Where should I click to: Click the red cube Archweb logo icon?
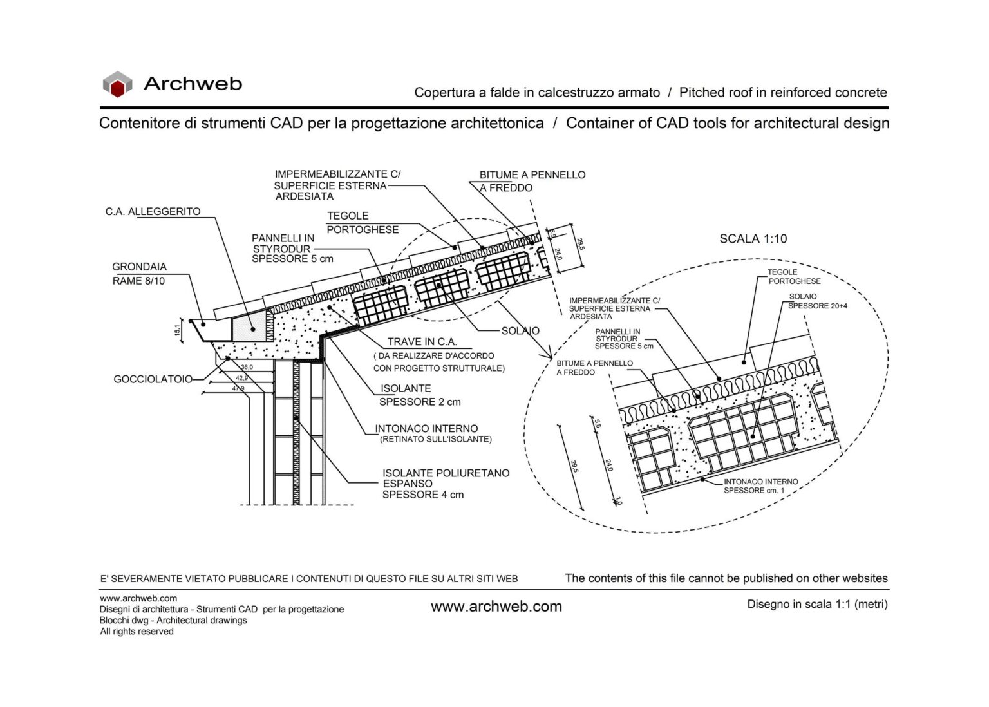[x=117, y=84]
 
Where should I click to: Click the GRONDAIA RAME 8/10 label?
[x=139, y=274]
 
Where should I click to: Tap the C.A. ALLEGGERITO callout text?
[x=153, y=212]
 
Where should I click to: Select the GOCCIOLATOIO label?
[x=153, y=379]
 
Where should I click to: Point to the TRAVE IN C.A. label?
[x=422, y=342]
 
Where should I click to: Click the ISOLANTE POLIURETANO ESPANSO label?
[x=446, y=484]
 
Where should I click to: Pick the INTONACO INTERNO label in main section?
[x=426, y=429]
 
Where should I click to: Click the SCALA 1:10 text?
[x=753, y=239]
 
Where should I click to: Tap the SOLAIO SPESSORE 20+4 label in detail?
[x=817, y=301]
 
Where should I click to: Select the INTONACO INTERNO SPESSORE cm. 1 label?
[x=760, y=486]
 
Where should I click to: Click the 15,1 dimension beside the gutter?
[x=178, y=330]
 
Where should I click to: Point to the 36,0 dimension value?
[x=247, y=367]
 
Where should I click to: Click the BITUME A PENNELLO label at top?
[x=532, y=175]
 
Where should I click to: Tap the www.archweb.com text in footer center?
[x=496, y=607]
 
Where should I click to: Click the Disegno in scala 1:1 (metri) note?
[x=817, y=604]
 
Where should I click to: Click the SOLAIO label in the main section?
[x=520, y=331]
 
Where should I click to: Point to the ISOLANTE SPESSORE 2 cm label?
[x=419, y=395]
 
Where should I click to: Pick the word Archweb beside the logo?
[x=193, y=84]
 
